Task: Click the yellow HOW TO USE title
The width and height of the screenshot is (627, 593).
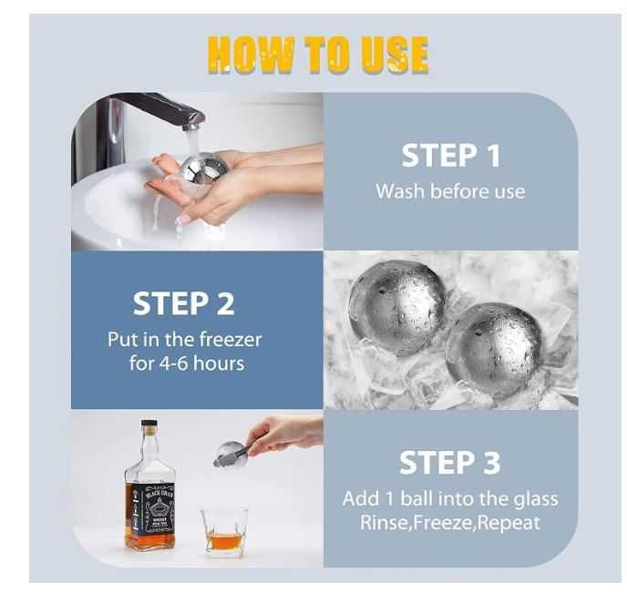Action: point(318,55)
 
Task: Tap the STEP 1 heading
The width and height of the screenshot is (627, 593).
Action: point(450,156)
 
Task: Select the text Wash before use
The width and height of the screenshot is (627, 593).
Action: point(450,191)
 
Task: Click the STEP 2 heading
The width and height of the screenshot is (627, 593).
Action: point(183,303)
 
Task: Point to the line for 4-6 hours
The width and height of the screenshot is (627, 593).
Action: point(187,363)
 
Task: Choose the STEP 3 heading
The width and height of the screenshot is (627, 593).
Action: point(450,463)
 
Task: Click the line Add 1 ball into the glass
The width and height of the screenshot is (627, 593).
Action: point(450,498)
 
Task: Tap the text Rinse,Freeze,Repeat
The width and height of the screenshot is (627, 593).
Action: point(450,523)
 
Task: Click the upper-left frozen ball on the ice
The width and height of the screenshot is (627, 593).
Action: point(396,308)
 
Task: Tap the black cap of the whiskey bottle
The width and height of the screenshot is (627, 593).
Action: point(149,424)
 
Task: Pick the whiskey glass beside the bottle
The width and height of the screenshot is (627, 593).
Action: point(225,532)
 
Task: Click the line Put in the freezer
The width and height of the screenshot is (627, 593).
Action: point(185,340)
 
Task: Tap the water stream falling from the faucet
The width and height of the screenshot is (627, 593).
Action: point(193,144)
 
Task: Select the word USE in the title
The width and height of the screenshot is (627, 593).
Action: point(395,55)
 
